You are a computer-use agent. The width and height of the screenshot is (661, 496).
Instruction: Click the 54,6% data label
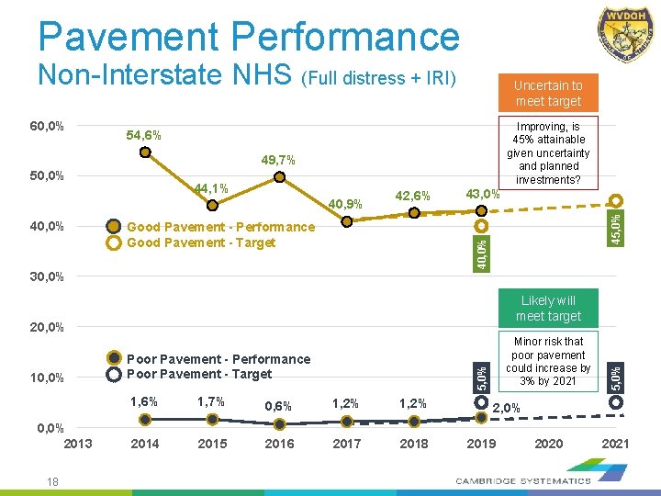[143, 136]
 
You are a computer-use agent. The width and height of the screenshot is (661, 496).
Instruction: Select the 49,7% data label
[278, 161]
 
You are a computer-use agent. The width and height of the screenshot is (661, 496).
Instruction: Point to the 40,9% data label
[346, 203]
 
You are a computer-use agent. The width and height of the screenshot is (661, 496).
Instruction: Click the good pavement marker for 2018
[414, 213]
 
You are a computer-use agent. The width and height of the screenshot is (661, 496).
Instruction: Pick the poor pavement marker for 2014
[145, 420]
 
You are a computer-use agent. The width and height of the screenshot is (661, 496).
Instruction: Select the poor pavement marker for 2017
[347, 422]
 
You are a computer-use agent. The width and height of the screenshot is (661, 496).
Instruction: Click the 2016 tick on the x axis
[279, 444]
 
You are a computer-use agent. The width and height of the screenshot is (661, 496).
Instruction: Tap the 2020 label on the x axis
[548, 444]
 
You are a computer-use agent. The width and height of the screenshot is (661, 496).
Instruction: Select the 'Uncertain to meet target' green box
[548, 93]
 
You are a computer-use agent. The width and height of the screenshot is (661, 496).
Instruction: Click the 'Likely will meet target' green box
[548, 309]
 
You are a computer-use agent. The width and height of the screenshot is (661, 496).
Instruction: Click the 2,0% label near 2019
[508, 409]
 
